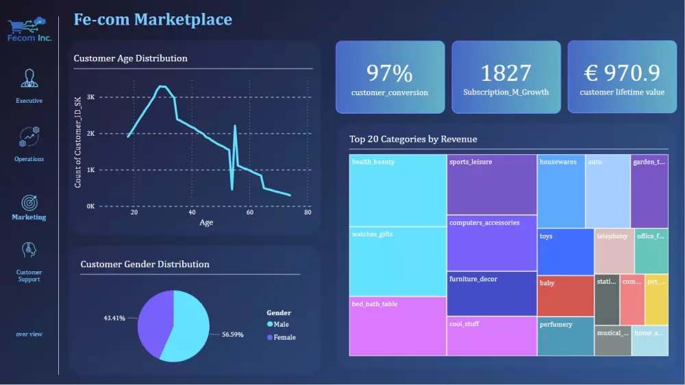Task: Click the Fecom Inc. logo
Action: pyautogui.click(x=29, y=29)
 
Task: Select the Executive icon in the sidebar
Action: pyautogui.click(x=29, y=78)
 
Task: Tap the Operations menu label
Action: pyautogui.click(x=29, y=159)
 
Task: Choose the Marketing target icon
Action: pyautogui.click(x=29, y=203)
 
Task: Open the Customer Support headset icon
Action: pyautogui.click(x=29, y=251)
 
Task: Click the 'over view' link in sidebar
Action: pyautogui.click(x=29, y=334)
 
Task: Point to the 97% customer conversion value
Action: pyautogui.click(x=389, y=73)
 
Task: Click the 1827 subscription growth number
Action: pyautogui.click(x=506, y=73)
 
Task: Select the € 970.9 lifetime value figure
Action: pyautogui.click(x=622, y=73)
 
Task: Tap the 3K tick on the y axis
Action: pyautogui.click(x=90, y=97)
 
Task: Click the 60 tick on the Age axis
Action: pyautogui.click(x=250, y=212)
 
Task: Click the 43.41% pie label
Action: pyautogui.click(x=114, y=319)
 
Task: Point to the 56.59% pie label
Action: pyautogui.click(x=232, y=335)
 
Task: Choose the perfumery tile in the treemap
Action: pyautogui.click(x=565, y=336)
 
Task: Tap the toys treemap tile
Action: pyautogui.click(x=565, y=251)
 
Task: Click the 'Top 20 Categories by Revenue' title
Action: pyautogui.click(x=413, y=139)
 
